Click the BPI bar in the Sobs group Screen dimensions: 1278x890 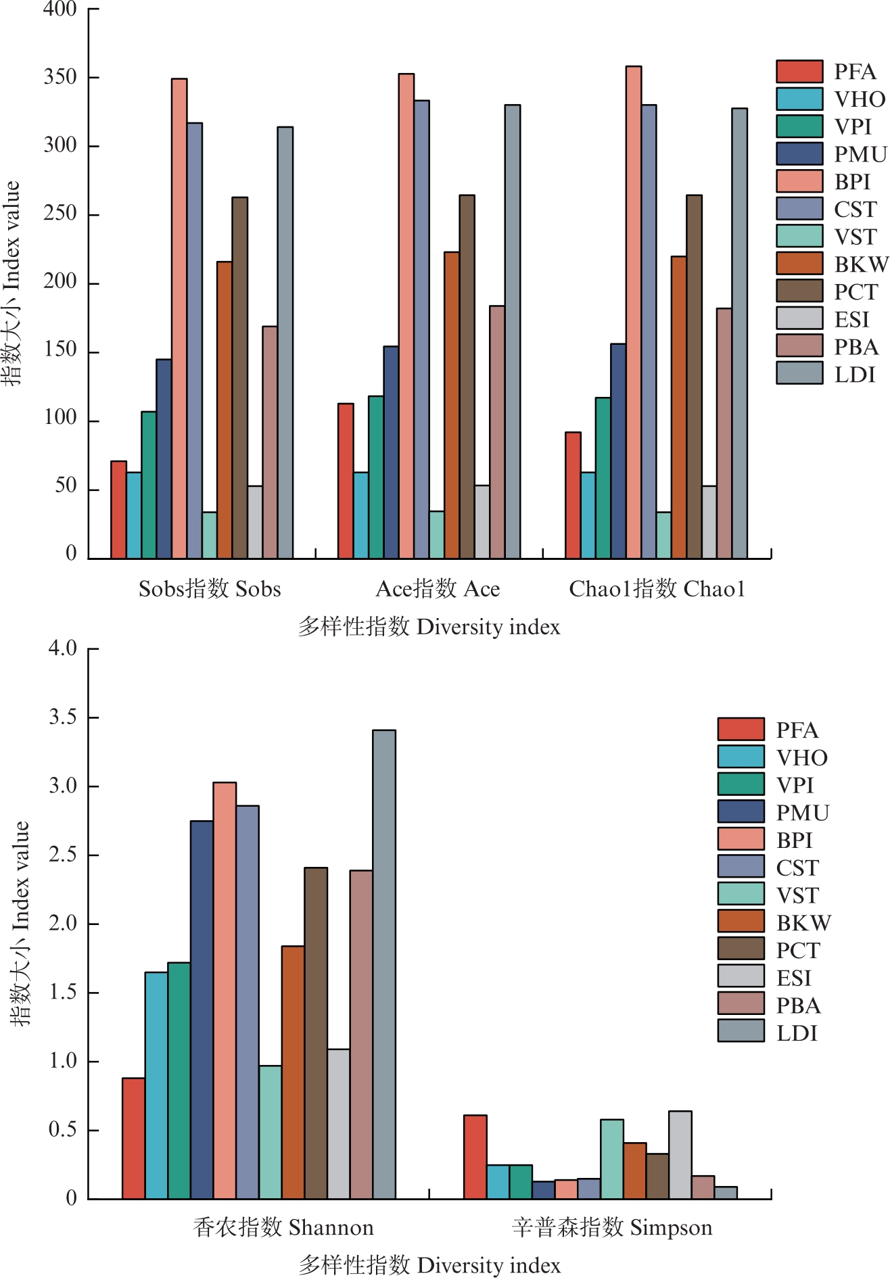tap(179, 318)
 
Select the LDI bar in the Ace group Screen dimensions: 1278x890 tap(513, 331)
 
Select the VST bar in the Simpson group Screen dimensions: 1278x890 tap(612, 1159)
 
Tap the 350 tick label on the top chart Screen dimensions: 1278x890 tap(61, 77)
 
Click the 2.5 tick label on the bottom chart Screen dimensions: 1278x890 tap(62, 855)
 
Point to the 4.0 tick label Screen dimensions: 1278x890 tap(62, 648)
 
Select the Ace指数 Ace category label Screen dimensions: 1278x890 tap(438, 589)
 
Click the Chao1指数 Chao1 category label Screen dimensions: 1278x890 tap(657, 589)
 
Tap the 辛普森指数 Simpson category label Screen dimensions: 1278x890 tap(612, 1227)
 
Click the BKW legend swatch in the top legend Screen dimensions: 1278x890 tap(799, 263)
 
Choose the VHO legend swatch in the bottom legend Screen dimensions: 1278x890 tap(741, 757)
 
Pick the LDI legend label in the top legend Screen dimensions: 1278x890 tap(855, 374)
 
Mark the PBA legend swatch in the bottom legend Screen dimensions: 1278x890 tap(741, 1004)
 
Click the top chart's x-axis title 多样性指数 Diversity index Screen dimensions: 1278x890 tap(429, 627)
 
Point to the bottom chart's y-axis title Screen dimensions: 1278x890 tap(20, 923)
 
